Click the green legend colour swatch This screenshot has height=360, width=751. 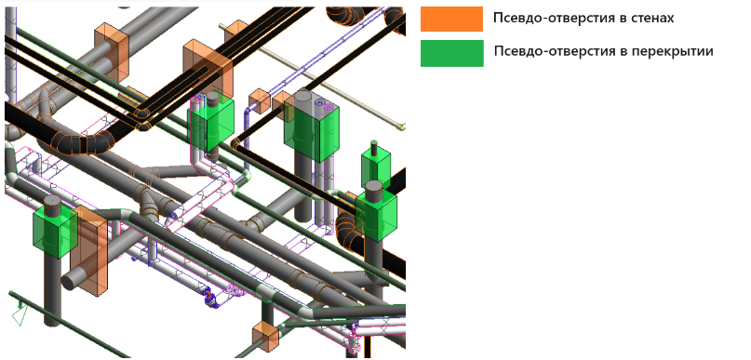tap(451, 53)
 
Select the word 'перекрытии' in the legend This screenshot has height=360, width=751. tap(665, 51)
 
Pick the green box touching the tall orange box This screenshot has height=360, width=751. tap(55, 233)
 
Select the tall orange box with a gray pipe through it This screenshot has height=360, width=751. tap(90, 251)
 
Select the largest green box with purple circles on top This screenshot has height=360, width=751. tap(311, 128)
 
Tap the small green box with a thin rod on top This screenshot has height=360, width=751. tap(376, 168)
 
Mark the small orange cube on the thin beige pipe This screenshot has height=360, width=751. tap(260, 100)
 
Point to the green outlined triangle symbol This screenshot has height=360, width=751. tap(19, 316)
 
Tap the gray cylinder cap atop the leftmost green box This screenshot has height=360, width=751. tap(53, 204)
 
